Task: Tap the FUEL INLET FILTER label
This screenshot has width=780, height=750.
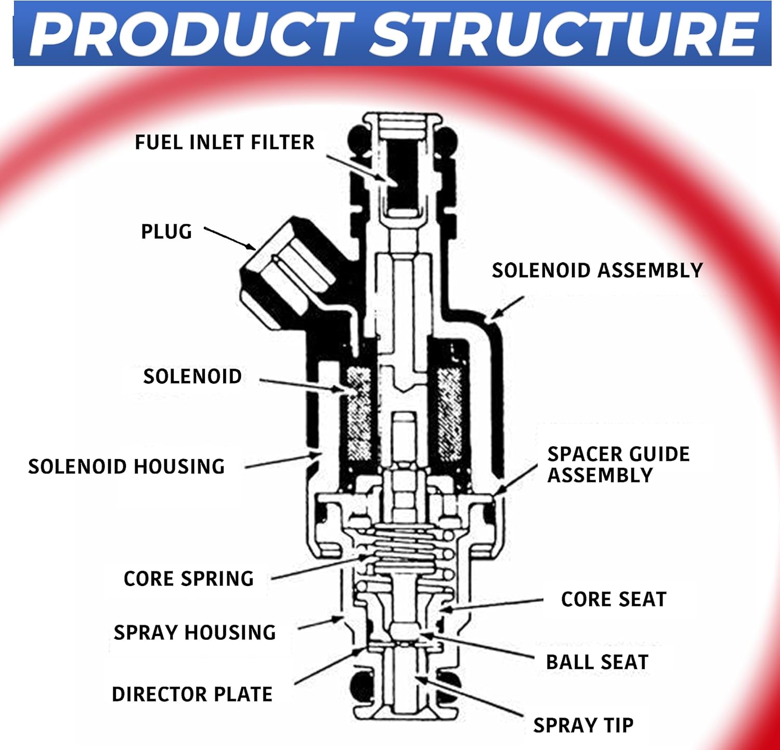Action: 225,142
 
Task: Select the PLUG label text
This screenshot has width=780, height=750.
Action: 166,232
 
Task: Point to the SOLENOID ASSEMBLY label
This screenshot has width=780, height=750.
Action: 597,270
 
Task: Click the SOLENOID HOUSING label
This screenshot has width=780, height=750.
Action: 126,466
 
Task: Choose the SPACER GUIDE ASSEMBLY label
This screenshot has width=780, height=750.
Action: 618,464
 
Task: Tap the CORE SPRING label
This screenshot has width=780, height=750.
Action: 189,578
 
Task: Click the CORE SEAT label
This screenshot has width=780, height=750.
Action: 614,599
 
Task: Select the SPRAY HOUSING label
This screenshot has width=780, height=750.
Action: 194,632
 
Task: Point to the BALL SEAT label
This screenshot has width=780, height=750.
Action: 597,662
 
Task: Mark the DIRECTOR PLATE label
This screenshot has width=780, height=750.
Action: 192,694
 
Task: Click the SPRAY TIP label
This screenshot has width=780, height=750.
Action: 583,725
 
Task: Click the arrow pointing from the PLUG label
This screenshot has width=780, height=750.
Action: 229,238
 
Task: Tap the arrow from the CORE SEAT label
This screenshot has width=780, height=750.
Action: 491,604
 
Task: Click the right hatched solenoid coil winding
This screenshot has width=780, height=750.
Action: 449,414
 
